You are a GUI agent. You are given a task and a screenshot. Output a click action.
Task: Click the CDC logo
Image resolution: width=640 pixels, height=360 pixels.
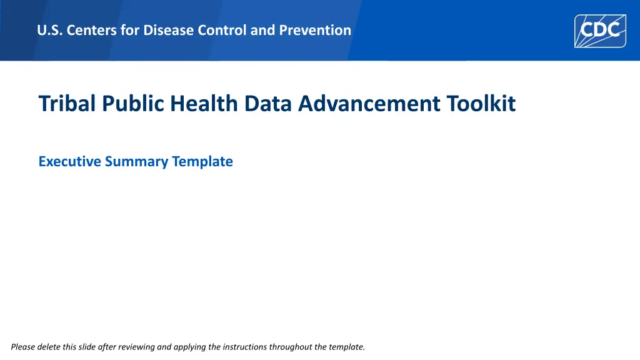[600, 31]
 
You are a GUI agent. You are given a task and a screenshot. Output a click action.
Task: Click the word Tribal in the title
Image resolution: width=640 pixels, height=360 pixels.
[67, 103]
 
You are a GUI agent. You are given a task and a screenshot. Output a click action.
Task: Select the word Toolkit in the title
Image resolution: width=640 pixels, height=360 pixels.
[481, 103]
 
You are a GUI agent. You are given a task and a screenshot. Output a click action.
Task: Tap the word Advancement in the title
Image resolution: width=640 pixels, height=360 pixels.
[369, 103]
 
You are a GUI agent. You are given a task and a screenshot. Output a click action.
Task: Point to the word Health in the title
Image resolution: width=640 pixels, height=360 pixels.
[204, 103]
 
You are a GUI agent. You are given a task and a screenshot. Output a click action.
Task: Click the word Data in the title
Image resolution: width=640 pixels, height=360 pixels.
[267, 103]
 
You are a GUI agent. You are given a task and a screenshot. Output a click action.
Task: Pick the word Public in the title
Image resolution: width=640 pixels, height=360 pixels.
[133, 103]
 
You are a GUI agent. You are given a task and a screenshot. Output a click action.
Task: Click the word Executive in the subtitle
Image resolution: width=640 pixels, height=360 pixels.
[69, 161]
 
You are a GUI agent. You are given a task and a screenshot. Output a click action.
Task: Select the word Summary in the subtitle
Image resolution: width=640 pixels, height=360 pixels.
[136, 162]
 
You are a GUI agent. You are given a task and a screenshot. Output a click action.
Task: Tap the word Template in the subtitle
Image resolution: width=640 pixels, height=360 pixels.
[202, 162]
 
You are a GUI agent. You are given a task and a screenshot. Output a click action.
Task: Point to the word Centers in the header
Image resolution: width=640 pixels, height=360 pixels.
[91, 30]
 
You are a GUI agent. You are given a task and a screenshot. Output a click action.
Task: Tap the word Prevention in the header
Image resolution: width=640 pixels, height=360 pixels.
[315, 30]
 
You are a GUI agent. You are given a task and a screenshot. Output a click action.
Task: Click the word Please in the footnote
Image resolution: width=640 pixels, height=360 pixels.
[23, 347]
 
